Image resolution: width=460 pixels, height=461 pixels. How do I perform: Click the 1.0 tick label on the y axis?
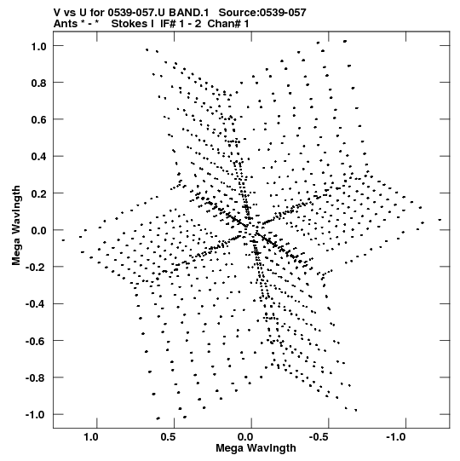point(38,46)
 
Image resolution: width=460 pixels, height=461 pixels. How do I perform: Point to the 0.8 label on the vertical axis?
point(38,84)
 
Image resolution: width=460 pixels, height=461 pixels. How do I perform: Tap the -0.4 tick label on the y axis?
point(36,303)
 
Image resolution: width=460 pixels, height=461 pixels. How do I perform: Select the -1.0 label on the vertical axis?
point(36,414)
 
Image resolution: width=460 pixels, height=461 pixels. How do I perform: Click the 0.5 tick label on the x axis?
point(168,436)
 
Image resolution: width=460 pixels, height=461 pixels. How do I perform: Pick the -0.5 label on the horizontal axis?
point(319,436)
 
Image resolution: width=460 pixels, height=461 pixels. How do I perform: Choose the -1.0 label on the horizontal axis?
point(396,436)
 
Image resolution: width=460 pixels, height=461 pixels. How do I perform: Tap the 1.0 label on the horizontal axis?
point(91,436)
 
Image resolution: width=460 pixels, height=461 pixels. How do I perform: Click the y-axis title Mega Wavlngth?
point(16,226)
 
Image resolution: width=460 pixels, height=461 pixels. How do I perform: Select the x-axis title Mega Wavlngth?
point(256,448)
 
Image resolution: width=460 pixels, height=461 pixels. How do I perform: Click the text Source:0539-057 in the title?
point(262,13)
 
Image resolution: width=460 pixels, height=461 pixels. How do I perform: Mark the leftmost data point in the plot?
point(63,240)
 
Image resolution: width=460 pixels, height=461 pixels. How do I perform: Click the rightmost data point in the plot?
point(440,220)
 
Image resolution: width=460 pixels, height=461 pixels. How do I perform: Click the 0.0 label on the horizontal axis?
point(245,436)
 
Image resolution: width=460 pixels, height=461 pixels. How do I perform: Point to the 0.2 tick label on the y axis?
point(38,193)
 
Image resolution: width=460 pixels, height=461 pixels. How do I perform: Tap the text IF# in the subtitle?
point(168,24)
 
